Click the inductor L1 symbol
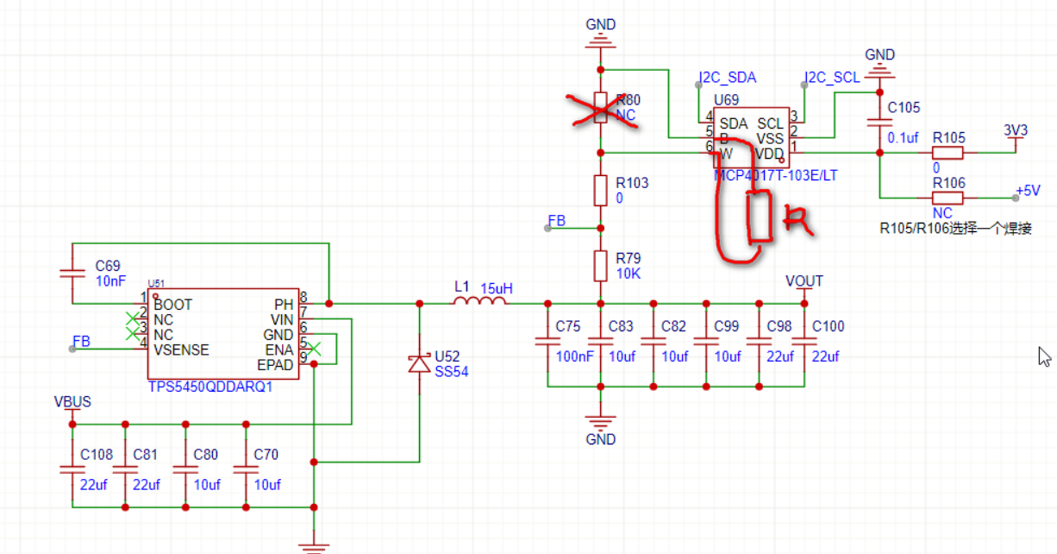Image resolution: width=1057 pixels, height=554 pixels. pyautogui.click(x=480, y=302)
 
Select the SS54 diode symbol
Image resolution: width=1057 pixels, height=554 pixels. pyautogui.click(x=419, y=363)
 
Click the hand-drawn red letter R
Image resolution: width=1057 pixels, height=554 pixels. pyautogui.click(x=797, y=222)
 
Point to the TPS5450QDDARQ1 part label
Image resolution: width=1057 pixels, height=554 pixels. pyautogui.click(x=210, y=387)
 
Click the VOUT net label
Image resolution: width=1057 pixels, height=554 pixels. pyautogui.click(x=804, y=281)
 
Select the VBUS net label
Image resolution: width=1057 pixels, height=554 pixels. pyautogui.click(x=72, y=402)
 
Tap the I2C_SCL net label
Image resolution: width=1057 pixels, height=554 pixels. pyautogui.click(x=832, y=78)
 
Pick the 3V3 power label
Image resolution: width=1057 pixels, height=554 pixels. pyautogui.click(x=1016, y=130)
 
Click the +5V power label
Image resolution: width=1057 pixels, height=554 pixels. pyautogui.click(x=1028, y=191)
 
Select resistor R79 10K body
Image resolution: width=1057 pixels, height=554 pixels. pyautogui.click(x=601, y=266)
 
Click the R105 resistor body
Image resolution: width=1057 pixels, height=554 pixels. pyautogui.click(x=948, y=153)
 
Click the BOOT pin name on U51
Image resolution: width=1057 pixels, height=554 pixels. pyautogui.click(x=173, y=305)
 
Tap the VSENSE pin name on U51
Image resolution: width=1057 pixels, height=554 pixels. pyautogui.click(x=182, y=350)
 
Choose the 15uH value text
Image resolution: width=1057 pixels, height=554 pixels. pyautogui.click(x=497, y=288)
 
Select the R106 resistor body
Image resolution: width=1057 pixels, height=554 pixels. pyautogui.click(x=948, y=198)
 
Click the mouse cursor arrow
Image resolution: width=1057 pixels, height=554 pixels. pyautogui.click(x=1044, y=356)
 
